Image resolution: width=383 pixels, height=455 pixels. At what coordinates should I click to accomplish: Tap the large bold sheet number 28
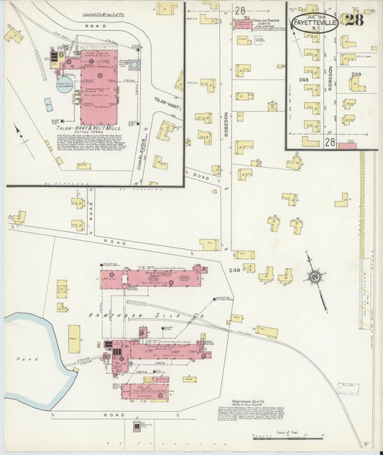point(354,19)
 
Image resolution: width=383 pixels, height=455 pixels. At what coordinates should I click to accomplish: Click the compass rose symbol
point(314,276)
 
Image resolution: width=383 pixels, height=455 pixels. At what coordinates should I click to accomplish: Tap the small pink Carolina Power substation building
point(242,23)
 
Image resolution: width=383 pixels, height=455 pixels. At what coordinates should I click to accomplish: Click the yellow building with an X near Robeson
point(273,106)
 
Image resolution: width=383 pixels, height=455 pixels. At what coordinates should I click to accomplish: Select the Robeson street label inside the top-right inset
point(331,77)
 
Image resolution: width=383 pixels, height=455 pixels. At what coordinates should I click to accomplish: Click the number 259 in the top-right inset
point(356,74)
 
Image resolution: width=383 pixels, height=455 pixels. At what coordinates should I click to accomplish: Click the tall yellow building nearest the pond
point(74,335)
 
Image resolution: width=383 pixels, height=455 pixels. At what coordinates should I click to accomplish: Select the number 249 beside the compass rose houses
point(234,270)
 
